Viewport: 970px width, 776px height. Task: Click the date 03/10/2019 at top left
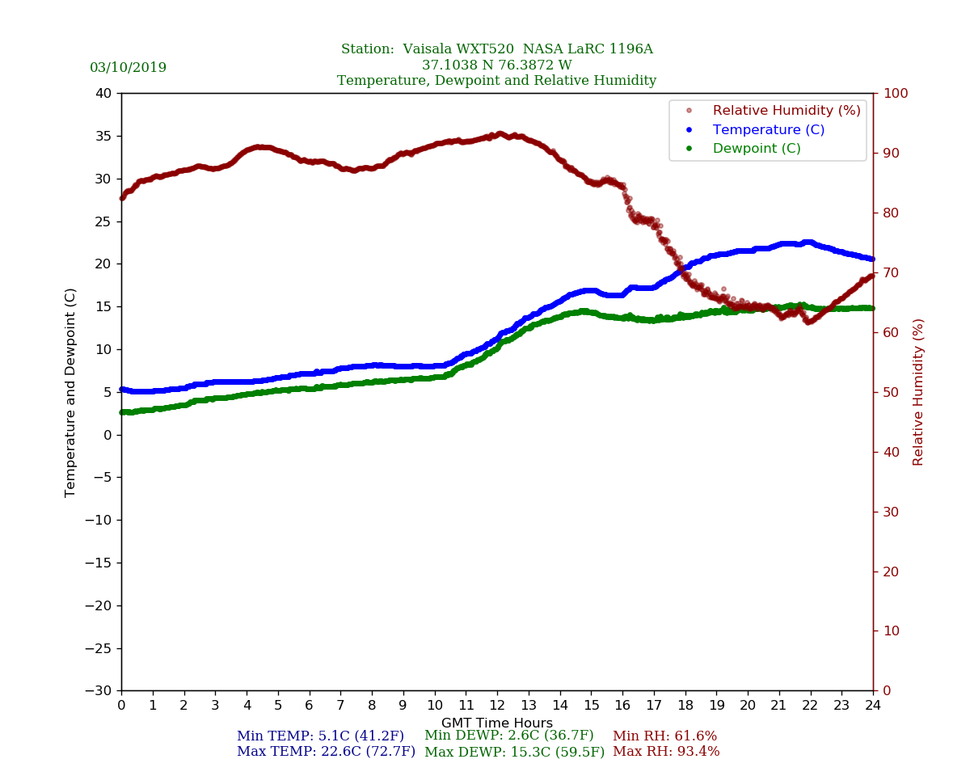[128, 68]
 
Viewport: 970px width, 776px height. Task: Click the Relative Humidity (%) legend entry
[786, 111]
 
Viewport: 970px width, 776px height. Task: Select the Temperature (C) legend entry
[768, 129]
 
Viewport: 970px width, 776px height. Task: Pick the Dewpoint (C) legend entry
[757, 149]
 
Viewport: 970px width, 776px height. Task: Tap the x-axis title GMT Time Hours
[496, 723]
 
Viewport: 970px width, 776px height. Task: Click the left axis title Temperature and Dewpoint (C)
[70, 392]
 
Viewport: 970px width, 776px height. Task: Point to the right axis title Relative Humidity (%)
[918, 392]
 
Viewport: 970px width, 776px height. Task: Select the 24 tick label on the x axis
[872, 706]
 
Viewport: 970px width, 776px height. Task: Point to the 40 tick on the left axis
[103, 93]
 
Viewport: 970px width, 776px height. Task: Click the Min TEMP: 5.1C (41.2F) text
[320, 736]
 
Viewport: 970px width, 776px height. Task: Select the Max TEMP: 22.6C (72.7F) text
[326, 752]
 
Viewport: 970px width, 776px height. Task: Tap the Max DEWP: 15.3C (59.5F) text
[514, 752]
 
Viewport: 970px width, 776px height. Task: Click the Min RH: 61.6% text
[664, 736]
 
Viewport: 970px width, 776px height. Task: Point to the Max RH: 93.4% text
[666, 752]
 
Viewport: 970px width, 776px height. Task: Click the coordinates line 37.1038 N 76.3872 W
[496, 65]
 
